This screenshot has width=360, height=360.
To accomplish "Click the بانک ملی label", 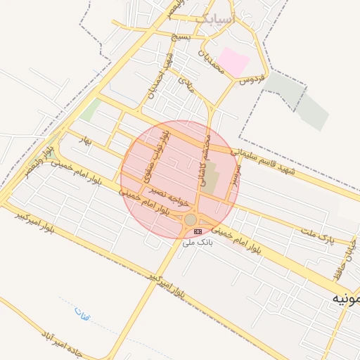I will point(198,243).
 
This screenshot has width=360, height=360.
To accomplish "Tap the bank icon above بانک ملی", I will point(198,231).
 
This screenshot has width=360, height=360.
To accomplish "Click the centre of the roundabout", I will point(191,220).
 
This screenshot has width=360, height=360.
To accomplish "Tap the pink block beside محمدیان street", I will point(234,62).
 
